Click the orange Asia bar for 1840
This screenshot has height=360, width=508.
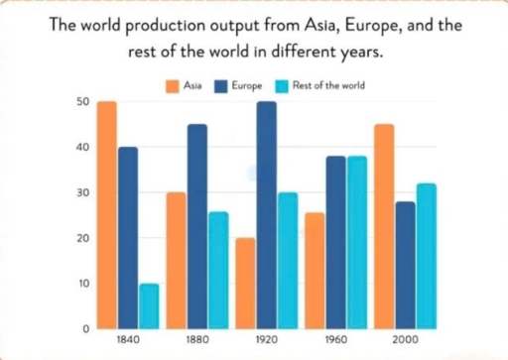click(x=107, y=214)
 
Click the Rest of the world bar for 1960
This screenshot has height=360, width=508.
click(x=358, y=242)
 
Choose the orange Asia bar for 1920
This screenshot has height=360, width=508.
click(x=244, y=283)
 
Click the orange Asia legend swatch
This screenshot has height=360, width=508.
click(x=172, y=86)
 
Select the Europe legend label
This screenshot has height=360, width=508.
click(x=248, y=86)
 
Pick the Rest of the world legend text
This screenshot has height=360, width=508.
click(x=331, y=86)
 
